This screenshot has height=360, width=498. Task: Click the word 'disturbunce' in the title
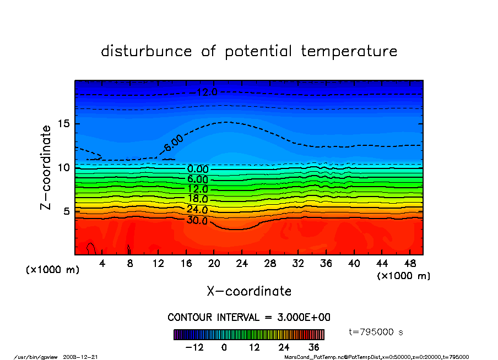[x=147, y=51]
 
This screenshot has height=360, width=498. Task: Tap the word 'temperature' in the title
[x=349, y=51]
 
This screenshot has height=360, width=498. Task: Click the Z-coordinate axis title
[x=46, y=167]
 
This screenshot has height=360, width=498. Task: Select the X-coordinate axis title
[x=249, y=291]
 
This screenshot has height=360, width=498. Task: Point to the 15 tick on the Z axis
[x=63, y=123]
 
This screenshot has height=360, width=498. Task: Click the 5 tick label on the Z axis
[x=67, y=211]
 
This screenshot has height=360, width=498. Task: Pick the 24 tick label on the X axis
[x=242, y=263]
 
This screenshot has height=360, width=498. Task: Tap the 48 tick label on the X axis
[x=409, y=263]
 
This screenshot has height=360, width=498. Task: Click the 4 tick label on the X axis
[x=102, y=263]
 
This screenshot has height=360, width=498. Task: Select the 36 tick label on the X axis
[x=326, y=263]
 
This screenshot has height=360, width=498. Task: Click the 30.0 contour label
[x=197, y=221]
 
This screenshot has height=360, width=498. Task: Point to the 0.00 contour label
[x=198, y=170]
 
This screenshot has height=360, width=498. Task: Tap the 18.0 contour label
[x=197, y=199]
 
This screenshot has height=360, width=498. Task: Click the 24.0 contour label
[x=197, y=210]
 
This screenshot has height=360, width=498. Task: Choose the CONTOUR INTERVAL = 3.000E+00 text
[x=249, y=318]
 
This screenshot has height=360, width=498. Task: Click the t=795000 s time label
[x=377, y=332]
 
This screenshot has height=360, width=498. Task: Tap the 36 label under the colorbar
[x=314, y=348]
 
